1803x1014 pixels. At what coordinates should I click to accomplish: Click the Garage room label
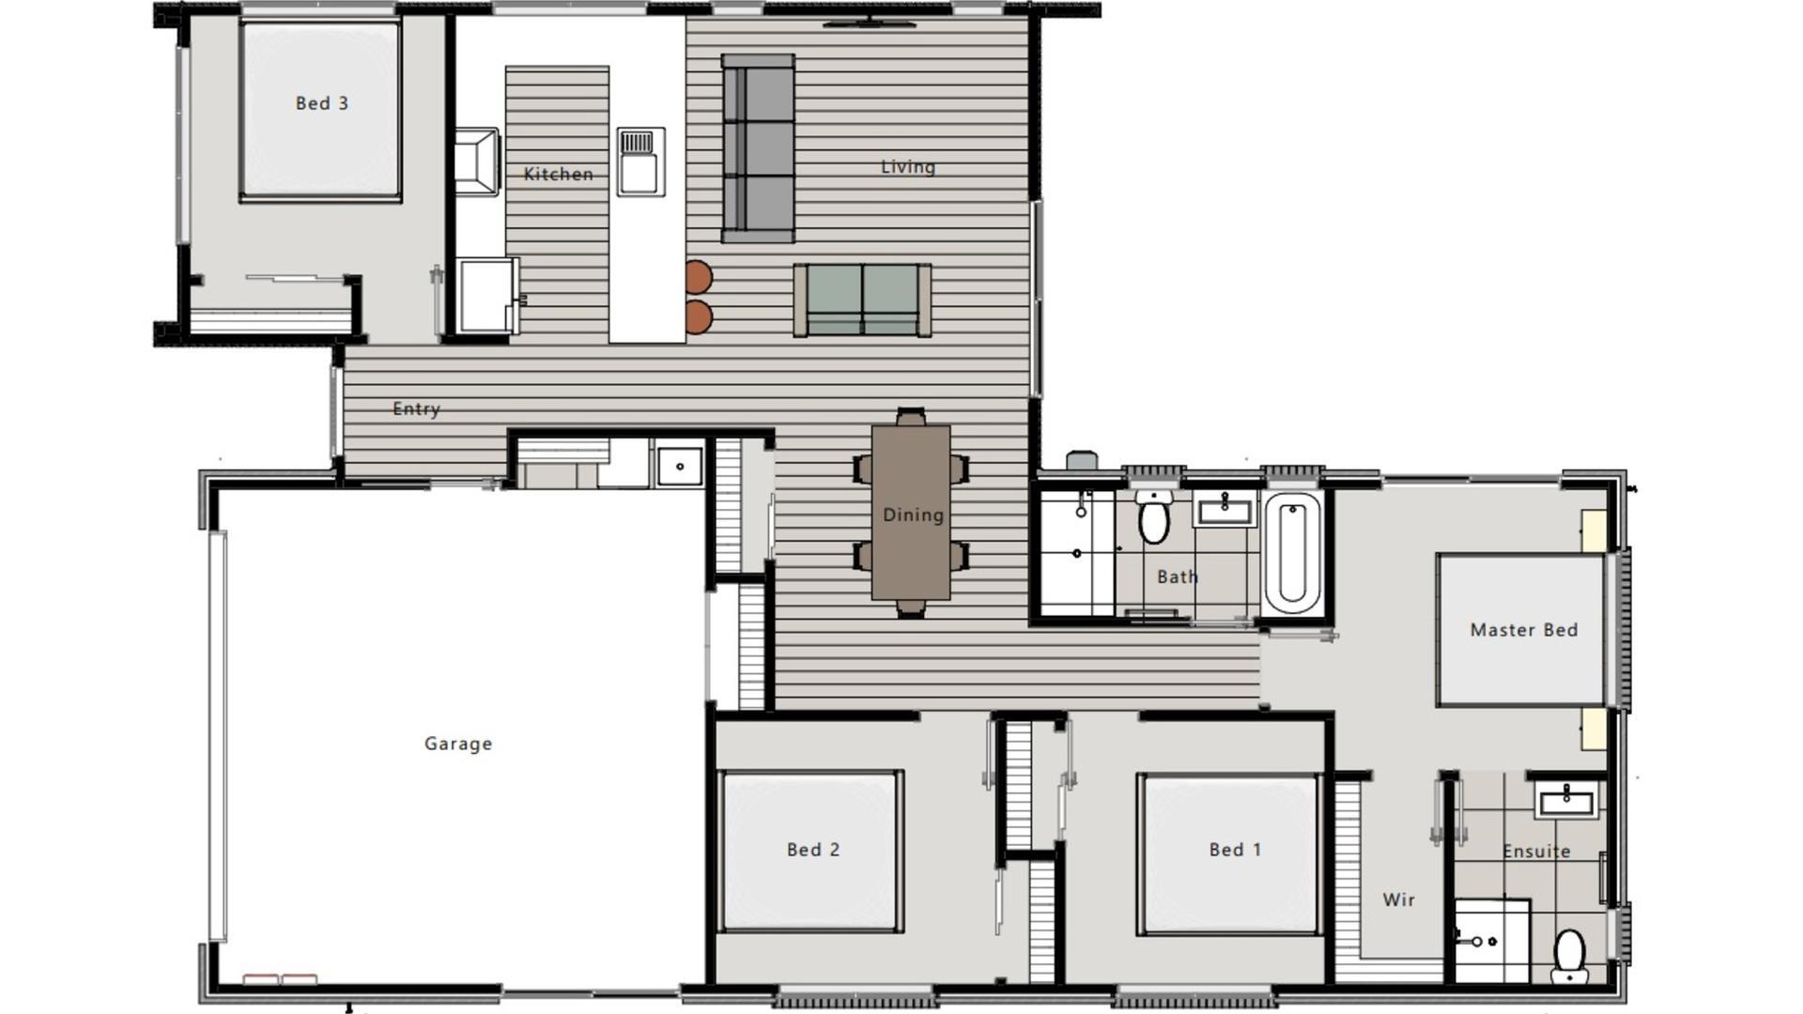click(458, 744)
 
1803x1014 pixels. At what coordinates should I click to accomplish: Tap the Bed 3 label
click(321, 103)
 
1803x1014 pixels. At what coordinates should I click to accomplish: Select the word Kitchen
click(558, 174)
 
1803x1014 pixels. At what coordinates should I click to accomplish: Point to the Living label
click(907, 167)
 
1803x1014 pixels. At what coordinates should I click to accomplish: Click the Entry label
click(416, 408)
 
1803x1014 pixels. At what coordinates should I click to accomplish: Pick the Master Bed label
click(1523, 630)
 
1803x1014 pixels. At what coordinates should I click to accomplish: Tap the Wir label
click(1398, 899)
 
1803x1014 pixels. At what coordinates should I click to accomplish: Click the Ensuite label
click(1536, 852)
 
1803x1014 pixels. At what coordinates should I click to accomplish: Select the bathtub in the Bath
click(1292, 554)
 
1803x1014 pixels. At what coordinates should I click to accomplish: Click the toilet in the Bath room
click(1154, 518)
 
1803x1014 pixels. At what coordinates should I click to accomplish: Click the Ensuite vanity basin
click(1566, 801)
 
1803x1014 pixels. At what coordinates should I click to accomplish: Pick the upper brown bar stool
click(698, 278)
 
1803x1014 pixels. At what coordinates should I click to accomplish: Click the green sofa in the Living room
click(862, 300)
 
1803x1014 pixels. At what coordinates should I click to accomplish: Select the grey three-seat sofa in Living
click(758, 148)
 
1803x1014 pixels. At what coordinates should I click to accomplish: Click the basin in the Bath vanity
click(1225, 511)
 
